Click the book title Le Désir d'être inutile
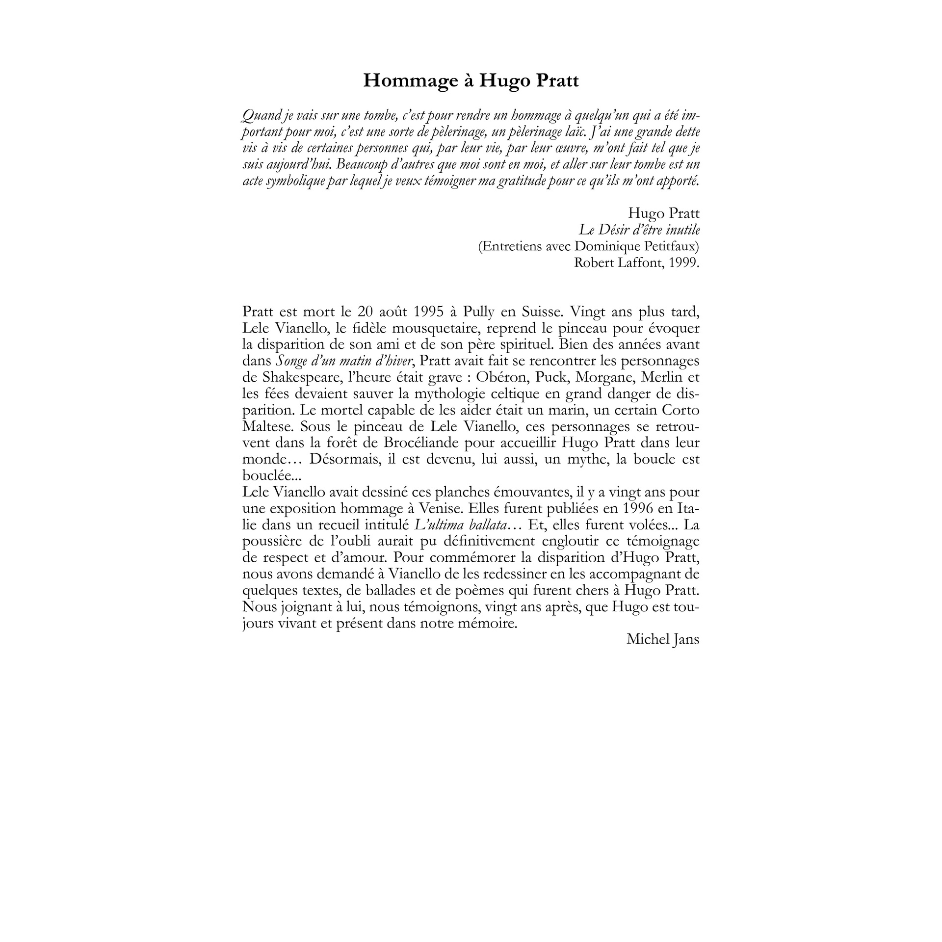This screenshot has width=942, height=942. (x=639, y=230)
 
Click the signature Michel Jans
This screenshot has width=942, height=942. (x=662, y=639)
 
